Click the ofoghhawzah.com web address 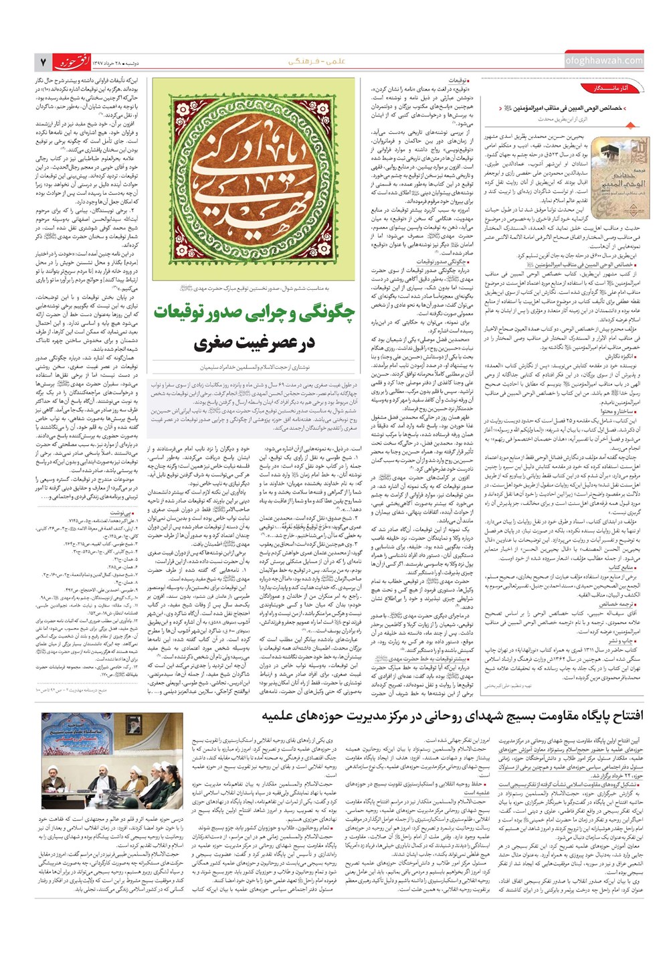coord(603,61)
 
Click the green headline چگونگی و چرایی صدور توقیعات coord(256,312)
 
